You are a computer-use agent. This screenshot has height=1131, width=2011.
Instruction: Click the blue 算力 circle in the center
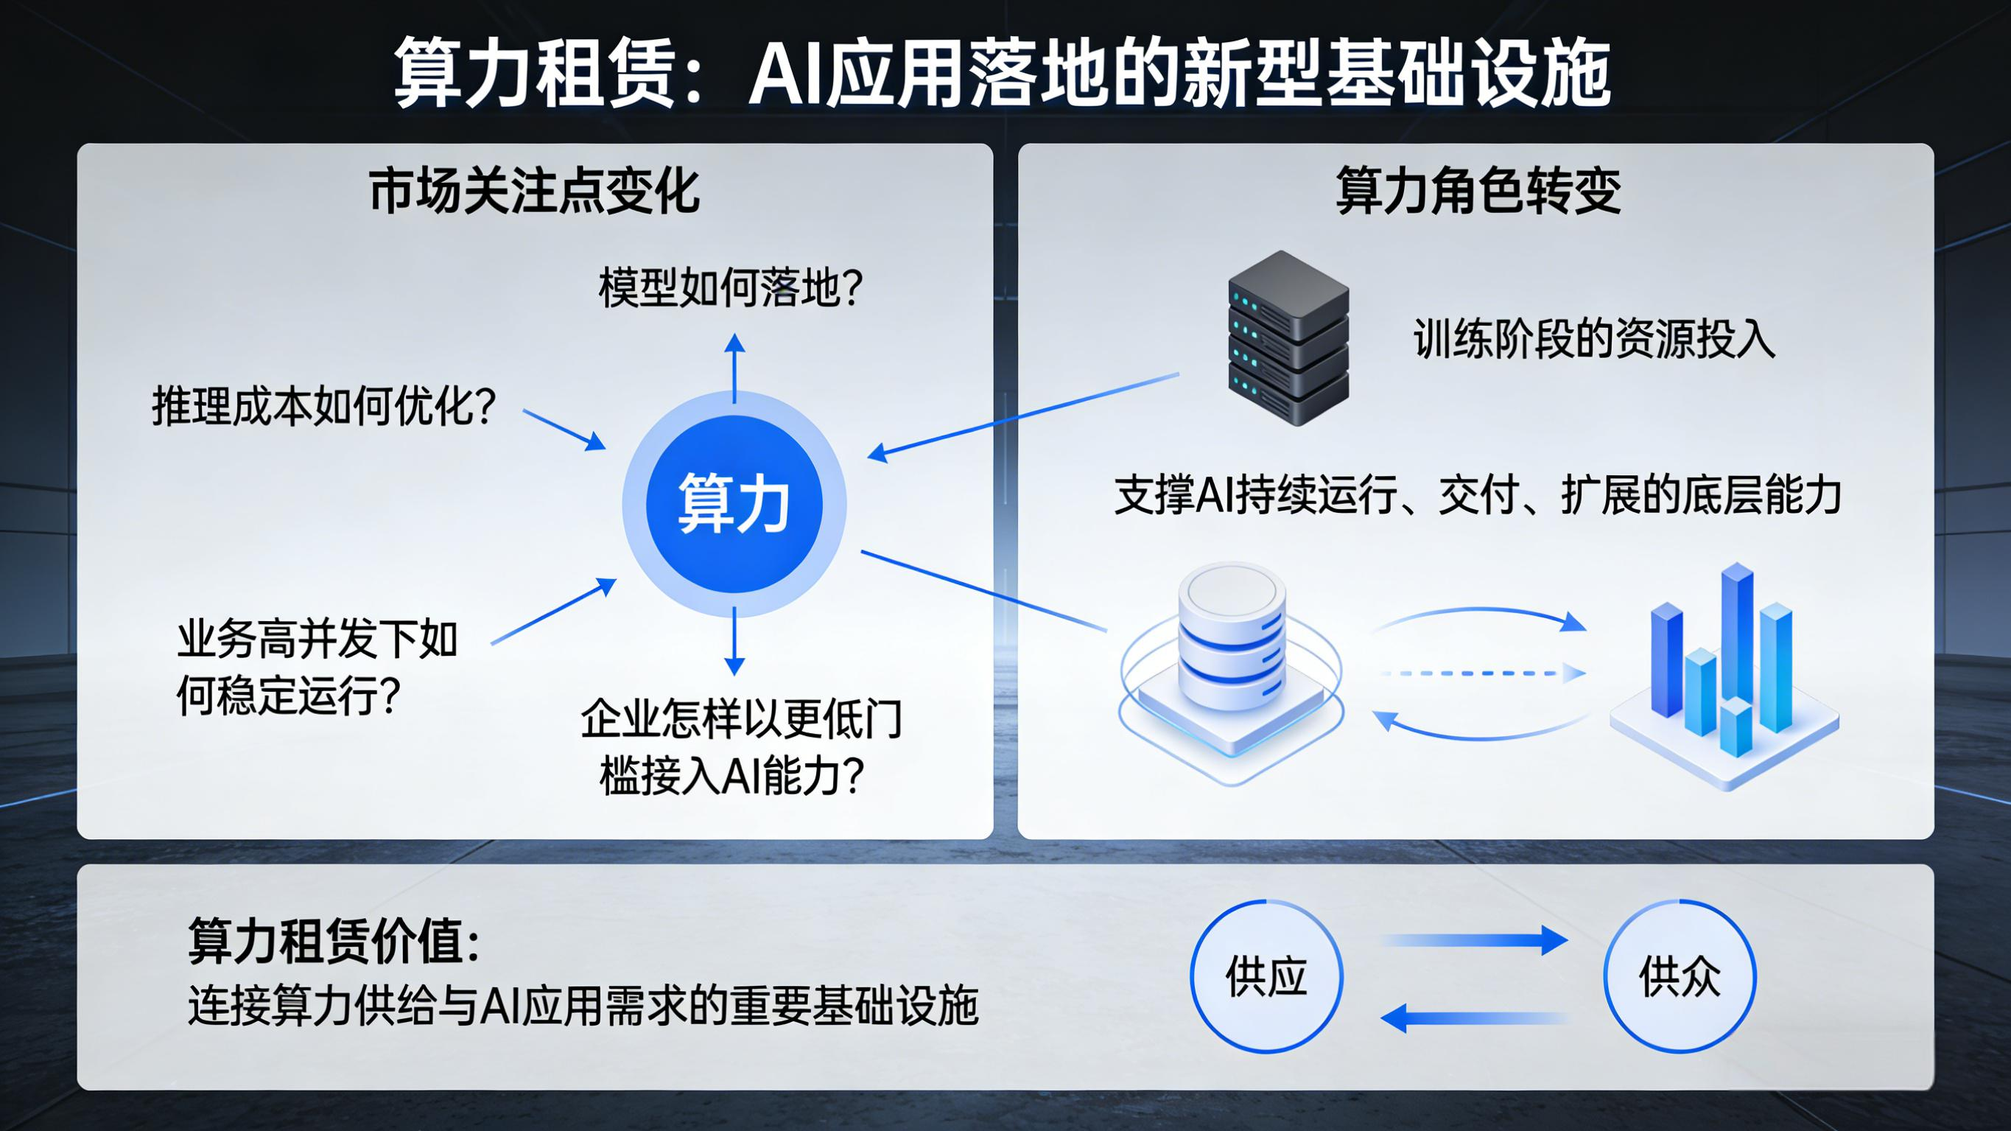[734, 504]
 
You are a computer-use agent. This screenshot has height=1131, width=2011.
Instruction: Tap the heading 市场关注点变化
[534, 192]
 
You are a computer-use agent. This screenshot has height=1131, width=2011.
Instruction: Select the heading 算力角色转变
[1478, 192]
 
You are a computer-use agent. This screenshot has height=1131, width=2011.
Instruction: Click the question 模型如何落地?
[731, 288]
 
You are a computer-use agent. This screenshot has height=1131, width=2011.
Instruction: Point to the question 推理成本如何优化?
[324, 407]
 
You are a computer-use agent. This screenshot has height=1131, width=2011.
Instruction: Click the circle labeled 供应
[1266, 976]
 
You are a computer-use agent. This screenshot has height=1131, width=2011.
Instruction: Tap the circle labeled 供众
[1680, 976]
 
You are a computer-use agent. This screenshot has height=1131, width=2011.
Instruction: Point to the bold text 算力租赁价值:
[334, 941]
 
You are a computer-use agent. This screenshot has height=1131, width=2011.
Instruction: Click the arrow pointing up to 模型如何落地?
[734, 367]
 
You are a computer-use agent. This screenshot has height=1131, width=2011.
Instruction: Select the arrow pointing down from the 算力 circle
[734, 640]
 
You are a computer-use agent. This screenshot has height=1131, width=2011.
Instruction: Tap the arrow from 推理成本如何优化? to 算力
[564, 429]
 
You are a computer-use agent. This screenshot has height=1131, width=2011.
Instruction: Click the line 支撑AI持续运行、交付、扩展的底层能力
[1478, 495]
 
